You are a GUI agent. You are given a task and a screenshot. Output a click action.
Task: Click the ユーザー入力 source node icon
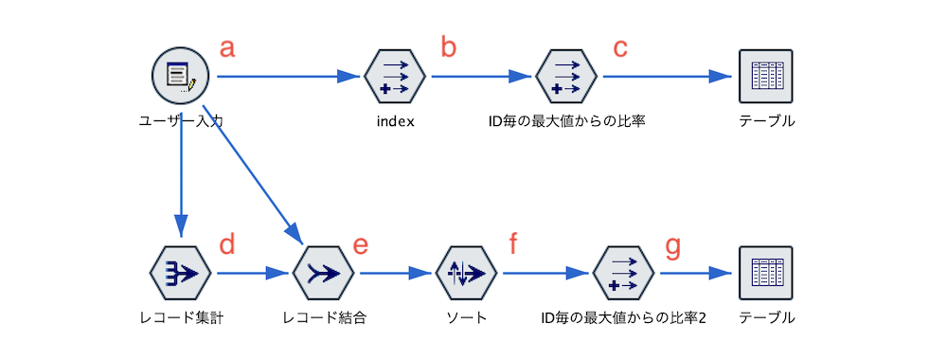coord(180,76)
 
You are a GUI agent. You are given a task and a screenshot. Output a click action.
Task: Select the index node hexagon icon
coord(395,76)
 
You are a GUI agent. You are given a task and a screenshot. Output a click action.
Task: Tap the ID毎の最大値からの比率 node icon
coord(566,76)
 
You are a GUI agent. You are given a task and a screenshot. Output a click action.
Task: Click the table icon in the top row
coord(765,76)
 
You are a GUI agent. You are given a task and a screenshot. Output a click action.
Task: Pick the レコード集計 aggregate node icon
coord(180,274)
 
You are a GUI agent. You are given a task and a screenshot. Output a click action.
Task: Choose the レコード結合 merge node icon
coord(324,274)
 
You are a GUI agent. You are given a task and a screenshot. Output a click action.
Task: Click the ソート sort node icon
coord(466,274)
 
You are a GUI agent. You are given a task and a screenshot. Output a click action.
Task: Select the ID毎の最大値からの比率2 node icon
coord(623,274)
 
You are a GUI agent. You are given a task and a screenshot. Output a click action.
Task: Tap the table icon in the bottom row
coord(765,274)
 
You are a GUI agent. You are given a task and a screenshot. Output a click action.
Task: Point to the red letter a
coord(227,48)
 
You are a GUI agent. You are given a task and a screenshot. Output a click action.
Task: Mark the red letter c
coord(620,48)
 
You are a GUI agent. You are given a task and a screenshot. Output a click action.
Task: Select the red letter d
coord(227,246)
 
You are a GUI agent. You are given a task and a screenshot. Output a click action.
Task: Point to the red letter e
coord(360,246)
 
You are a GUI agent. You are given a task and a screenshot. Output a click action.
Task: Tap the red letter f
coord(513,246)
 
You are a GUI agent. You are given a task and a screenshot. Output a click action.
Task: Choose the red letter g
coord(672,246)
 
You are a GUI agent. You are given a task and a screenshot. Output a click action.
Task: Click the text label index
coord(395,121)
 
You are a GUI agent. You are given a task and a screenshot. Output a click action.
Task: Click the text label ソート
coord(466,318)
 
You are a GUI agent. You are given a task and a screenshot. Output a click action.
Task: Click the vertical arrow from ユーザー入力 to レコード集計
coord(180,175)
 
